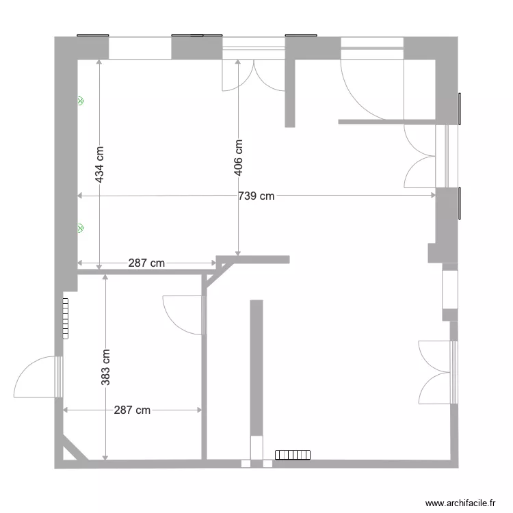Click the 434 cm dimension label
pos(100,164)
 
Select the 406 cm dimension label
pos(238,158)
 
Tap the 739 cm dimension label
pos(256,196)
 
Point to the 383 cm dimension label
pos(105,367)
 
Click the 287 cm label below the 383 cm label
pos(132,410)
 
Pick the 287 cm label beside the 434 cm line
pos(146,263)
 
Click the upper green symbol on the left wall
pos(80,101)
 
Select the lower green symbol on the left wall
pos(80,228)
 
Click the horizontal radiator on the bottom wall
pos(293,455)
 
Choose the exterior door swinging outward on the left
pos(38,377)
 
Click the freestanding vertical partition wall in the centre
pos(256,369)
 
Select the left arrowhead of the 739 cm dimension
pos(81,196)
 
